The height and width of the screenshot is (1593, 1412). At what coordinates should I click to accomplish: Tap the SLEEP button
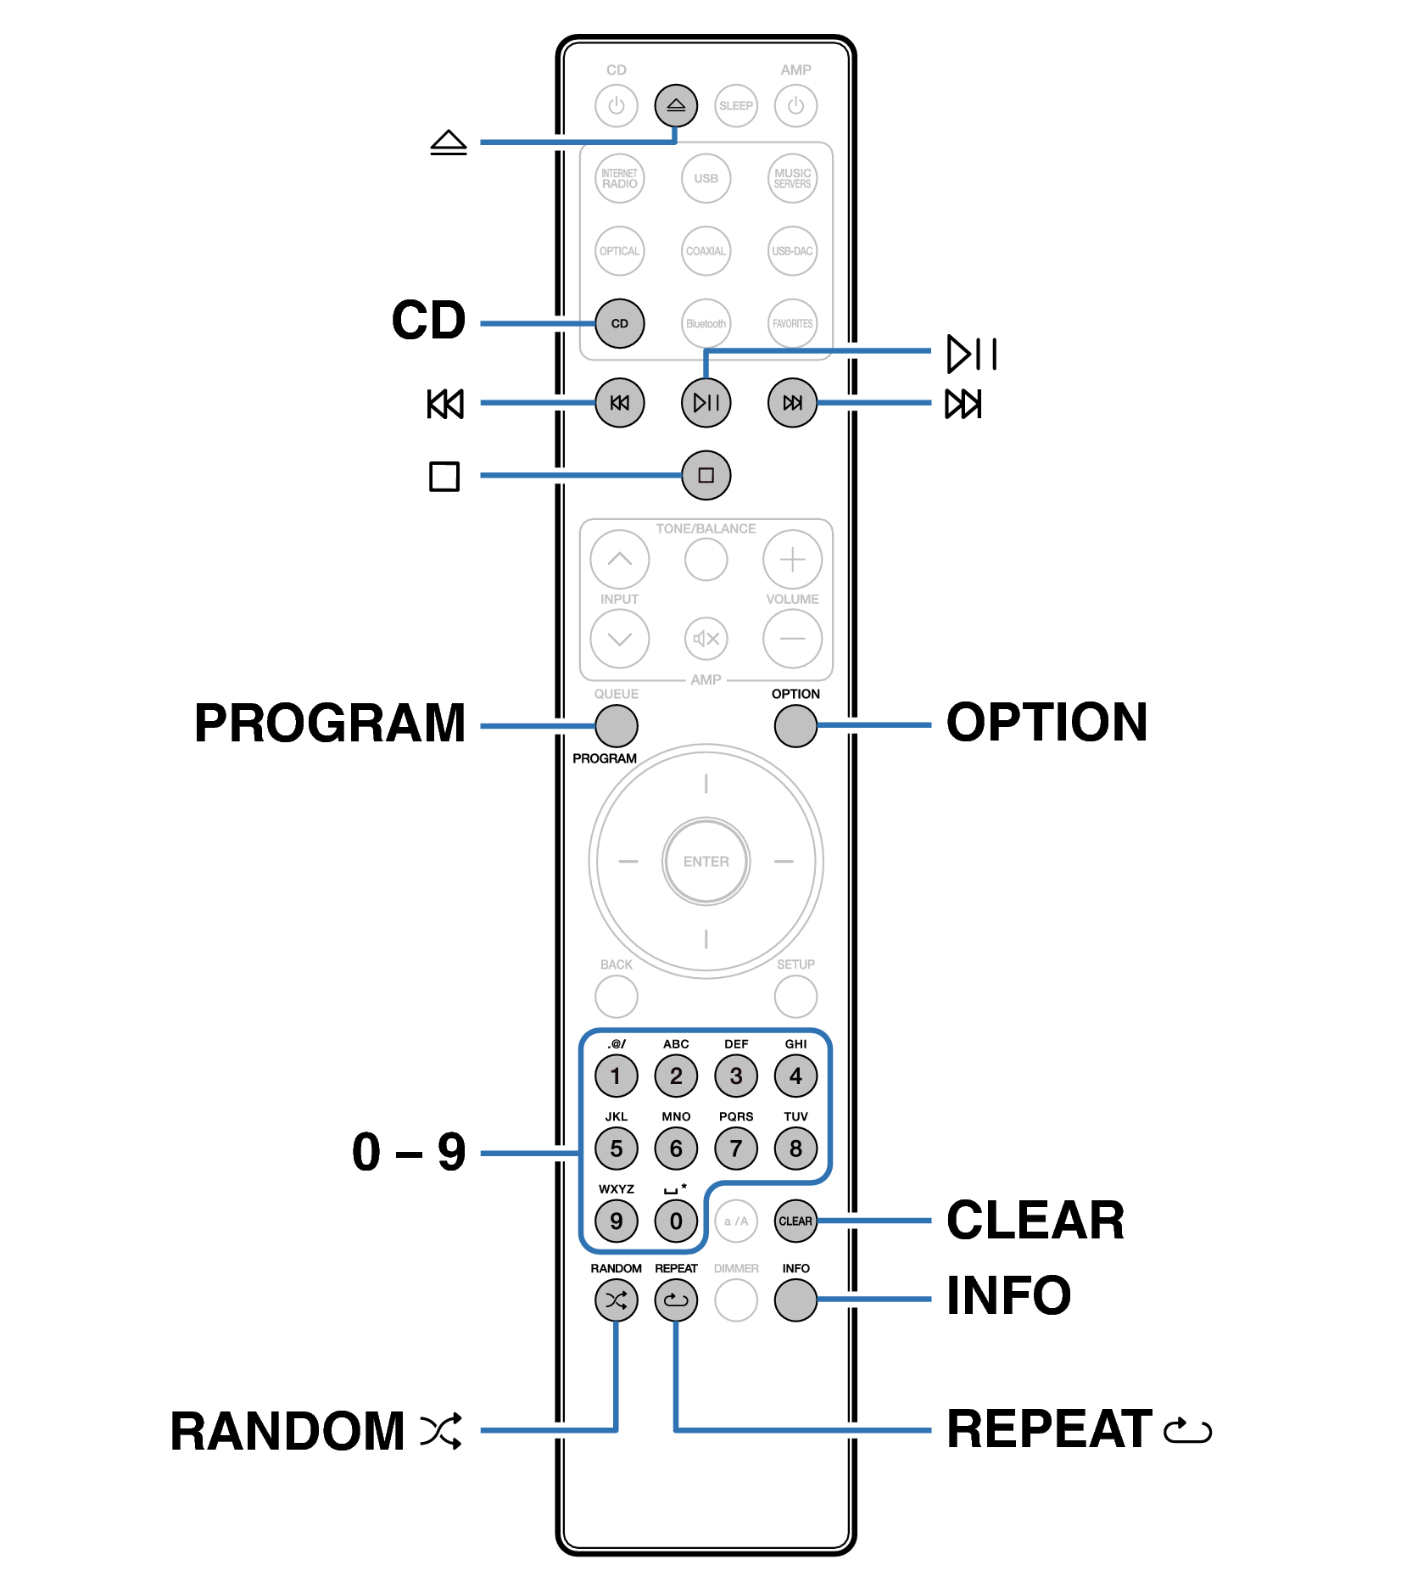735,106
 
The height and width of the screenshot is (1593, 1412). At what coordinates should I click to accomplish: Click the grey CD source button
619,323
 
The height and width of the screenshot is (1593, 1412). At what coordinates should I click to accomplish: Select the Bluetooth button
706,323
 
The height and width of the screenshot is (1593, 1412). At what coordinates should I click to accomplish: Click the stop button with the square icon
706,475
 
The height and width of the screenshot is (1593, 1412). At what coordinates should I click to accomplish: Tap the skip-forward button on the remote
792,403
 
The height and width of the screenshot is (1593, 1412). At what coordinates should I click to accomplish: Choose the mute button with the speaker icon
706,639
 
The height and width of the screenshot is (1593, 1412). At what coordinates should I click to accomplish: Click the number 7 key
735,1149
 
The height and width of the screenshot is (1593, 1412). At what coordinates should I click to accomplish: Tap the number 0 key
676,1221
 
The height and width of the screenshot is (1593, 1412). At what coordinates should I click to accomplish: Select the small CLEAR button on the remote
795,1221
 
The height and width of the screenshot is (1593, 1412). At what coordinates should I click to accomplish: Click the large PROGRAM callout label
330,724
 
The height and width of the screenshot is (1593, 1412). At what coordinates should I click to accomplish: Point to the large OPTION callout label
1046,723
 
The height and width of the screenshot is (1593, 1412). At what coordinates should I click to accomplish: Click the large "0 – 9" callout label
409,1152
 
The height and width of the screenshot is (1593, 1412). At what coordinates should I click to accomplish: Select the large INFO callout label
1008,1296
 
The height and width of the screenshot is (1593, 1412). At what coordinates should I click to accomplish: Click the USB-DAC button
792,251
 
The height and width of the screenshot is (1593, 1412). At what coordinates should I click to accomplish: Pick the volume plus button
792,560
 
